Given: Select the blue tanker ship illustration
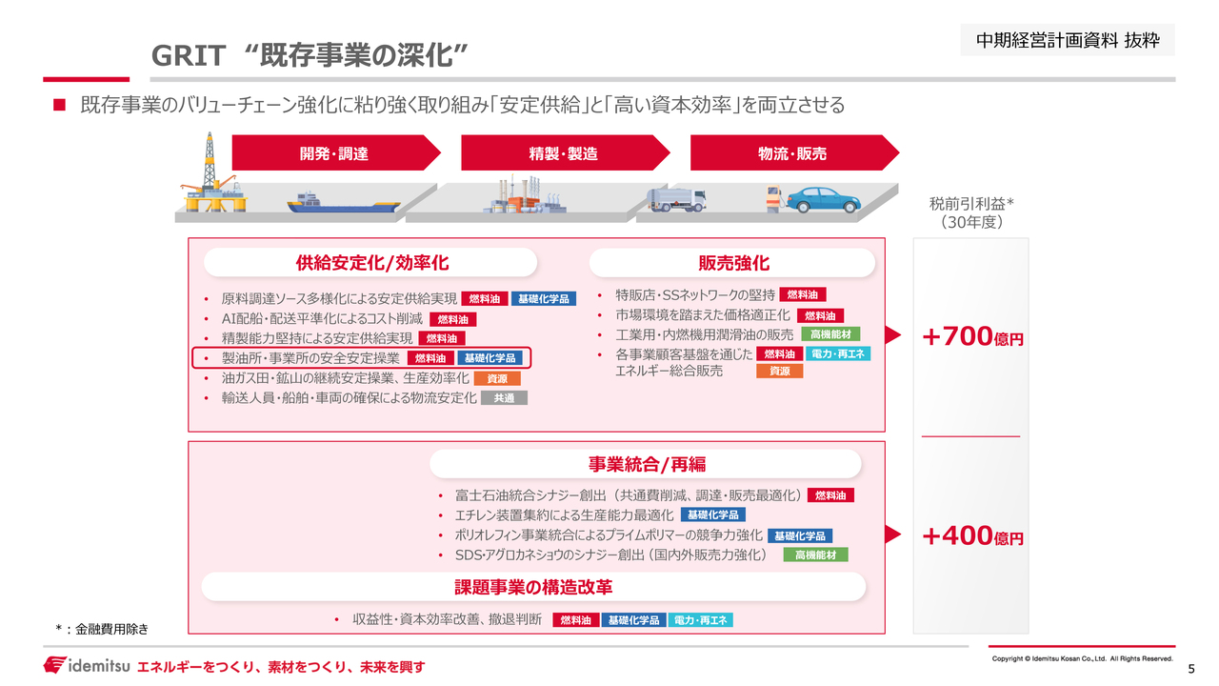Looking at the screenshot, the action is tap(343, 203).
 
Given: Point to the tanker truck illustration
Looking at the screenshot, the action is tap(676, 199).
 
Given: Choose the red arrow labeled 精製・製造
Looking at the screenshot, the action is tap(565, 153).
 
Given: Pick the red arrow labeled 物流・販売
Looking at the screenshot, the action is tap(794, 153).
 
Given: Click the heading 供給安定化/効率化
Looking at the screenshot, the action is tap(371, 263).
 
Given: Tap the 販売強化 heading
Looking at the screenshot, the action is tap(733, 264).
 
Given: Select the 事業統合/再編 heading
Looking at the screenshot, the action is tap(647, 464).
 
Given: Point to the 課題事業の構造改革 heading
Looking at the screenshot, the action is tap(533, 587).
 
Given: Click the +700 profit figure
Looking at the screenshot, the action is tap(972, 336).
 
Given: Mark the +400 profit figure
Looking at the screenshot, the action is tap(972, 535).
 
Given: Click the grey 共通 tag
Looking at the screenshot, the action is tap(504, 398).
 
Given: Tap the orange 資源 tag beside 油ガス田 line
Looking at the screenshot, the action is tap(497, 378).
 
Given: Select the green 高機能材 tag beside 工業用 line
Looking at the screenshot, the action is tap(830, 334).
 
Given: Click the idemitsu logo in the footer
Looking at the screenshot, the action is tap(87, 665).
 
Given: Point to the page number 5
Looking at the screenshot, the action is tap(1191, 669).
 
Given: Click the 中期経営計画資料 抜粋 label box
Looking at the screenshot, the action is tap(1068, 40).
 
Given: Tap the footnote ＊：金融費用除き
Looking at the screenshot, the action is tap(102, 629).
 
